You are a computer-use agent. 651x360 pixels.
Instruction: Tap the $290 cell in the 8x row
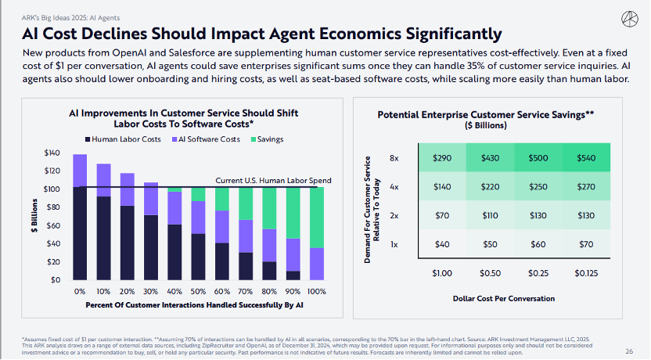443,158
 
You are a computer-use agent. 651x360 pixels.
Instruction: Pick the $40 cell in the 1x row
443,245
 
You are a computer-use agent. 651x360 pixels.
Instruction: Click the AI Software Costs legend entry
207,139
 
